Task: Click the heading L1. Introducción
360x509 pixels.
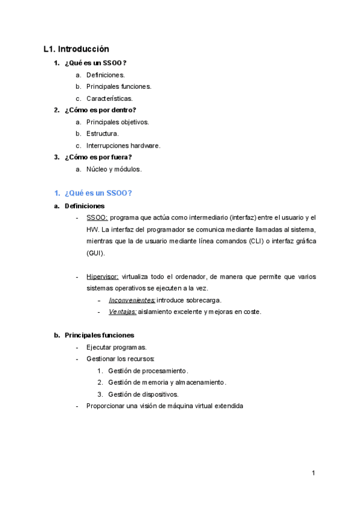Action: pos(76,49)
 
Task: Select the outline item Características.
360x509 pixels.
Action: pos(109,98)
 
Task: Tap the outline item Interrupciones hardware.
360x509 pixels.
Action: pos(123,146)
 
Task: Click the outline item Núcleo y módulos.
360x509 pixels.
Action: pos(113,169)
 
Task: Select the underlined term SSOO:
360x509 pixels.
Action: pos(97,217)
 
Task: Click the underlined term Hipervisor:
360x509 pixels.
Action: pos(103,277)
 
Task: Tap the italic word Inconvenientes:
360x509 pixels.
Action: pos(132,300)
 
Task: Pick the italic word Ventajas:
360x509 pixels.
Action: pos(123,312)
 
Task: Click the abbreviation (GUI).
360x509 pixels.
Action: pos(95,253)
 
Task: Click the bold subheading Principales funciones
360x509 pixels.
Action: pos(100,335)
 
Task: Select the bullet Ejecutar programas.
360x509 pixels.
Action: pos(116,348)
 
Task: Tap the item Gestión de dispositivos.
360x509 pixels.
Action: pos(143,394)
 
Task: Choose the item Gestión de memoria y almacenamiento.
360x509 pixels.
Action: pos(167,382)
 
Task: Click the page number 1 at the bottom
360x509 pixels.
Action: pos(313,474)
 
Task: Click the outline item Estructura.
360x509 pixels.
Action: pos(103,134)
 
